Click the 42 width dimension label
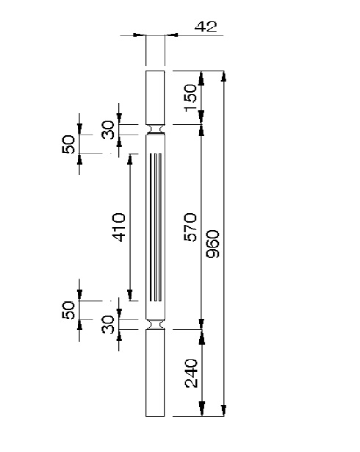206,26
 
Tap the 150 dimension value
190,98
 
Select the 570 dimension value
190,227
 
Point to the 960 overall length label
213,243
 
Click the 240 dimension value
191,373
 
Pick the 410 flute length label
119,227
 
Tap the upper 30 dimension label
108,129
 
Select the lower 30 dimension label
108,324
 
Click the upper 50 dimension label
68,144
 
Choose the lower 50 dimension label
68,310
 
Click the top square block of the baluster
155,98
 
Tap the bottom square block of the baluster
155,373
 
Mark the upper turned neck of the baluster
155,129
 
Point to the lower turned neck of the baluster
155,324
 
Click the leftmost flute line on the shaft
151,227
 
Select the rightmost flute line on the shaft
160,227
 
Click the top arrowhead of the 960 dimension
223,76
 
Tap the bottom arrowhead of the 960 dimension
223,411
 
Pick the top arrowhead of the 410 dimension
130,159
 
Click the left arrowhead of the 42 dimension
139,35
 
